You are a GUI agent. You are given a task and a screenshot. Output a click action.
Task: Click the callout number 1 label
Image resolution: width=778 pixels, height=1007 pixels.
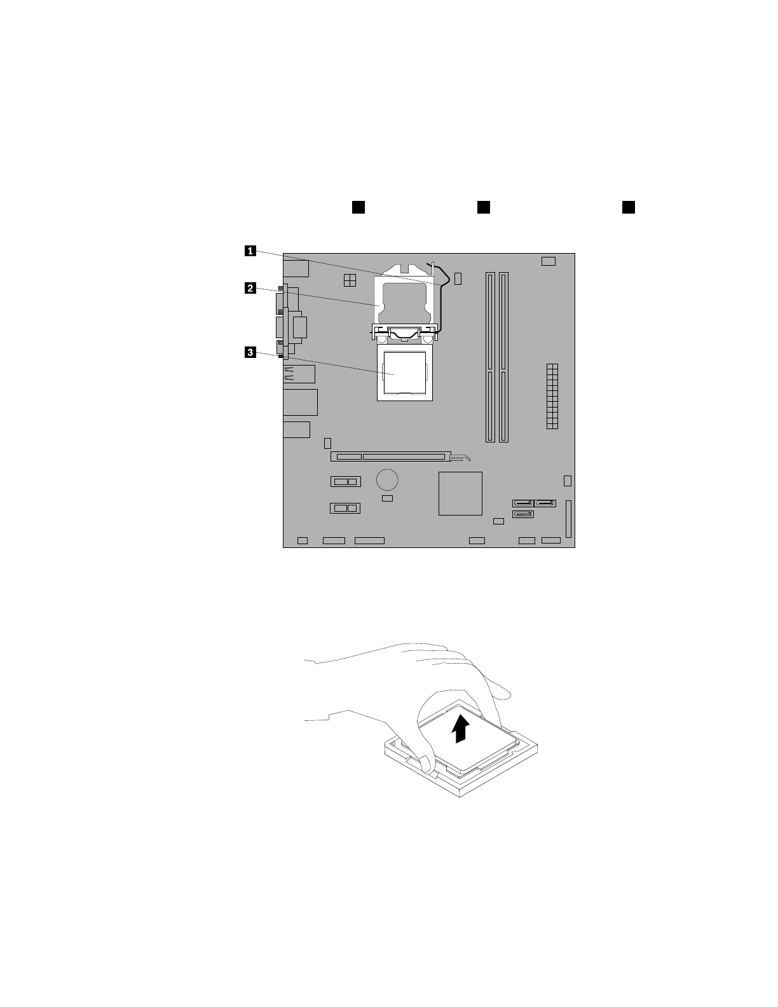[252, 251]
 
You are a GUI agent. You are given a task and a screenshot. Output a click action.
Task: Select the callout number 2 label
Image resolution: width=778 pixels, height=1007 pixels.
[252, 289]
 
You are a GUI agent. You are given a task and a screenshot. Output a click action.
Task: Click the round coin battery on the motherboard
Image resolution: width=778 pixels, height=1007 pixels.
[387, 479]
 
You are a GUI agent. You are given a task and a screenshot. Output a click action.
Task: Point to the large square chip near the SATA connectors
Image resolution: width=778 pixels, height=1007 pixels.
[460, 493]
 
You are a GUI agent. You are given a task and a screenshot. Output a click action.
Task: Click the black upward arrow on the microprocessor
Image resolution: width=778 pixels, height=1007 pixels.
[460, 727]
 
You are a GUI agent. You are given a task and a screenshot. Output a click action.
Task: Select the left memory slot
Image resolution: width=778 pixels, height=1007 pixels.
[490, 357]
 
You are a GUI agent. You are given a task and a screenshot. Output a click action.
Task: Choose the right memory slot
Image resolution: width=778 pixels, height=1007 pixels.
[503, 357]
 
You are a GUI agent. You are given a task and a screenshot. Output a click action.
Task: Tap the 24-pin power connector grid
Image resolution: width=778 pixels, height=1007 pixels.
[551, 395]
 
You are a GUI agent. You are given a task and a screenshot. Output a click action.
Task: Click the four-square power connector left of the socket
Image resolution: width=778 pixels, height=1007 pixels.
[349, 280]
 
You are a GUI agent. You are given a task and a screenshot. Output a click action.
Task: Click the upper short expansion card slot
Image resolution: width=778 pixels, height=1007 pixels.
[345, 481]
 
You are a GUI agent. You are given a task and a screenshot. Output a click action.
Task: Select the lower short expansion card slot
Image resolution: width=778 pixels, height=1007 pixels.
[345, 508]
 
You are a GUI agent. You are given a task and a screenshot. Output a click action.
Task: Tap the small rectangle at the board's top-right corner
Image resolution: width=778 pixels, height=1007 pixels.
[549, 261]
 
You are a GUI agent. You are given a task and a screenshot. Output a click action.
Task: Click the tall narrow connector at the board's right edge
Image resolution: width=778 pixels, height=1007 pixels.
[568, 519]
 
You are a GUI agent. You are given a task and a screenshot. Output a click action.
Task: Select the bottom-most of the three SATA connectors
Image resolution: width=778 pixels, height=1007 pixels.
[523, 514]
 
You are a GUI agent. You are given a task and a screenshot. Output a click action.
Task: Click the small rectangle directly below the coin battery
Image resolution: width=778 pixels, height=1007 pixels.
[387, 498]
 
